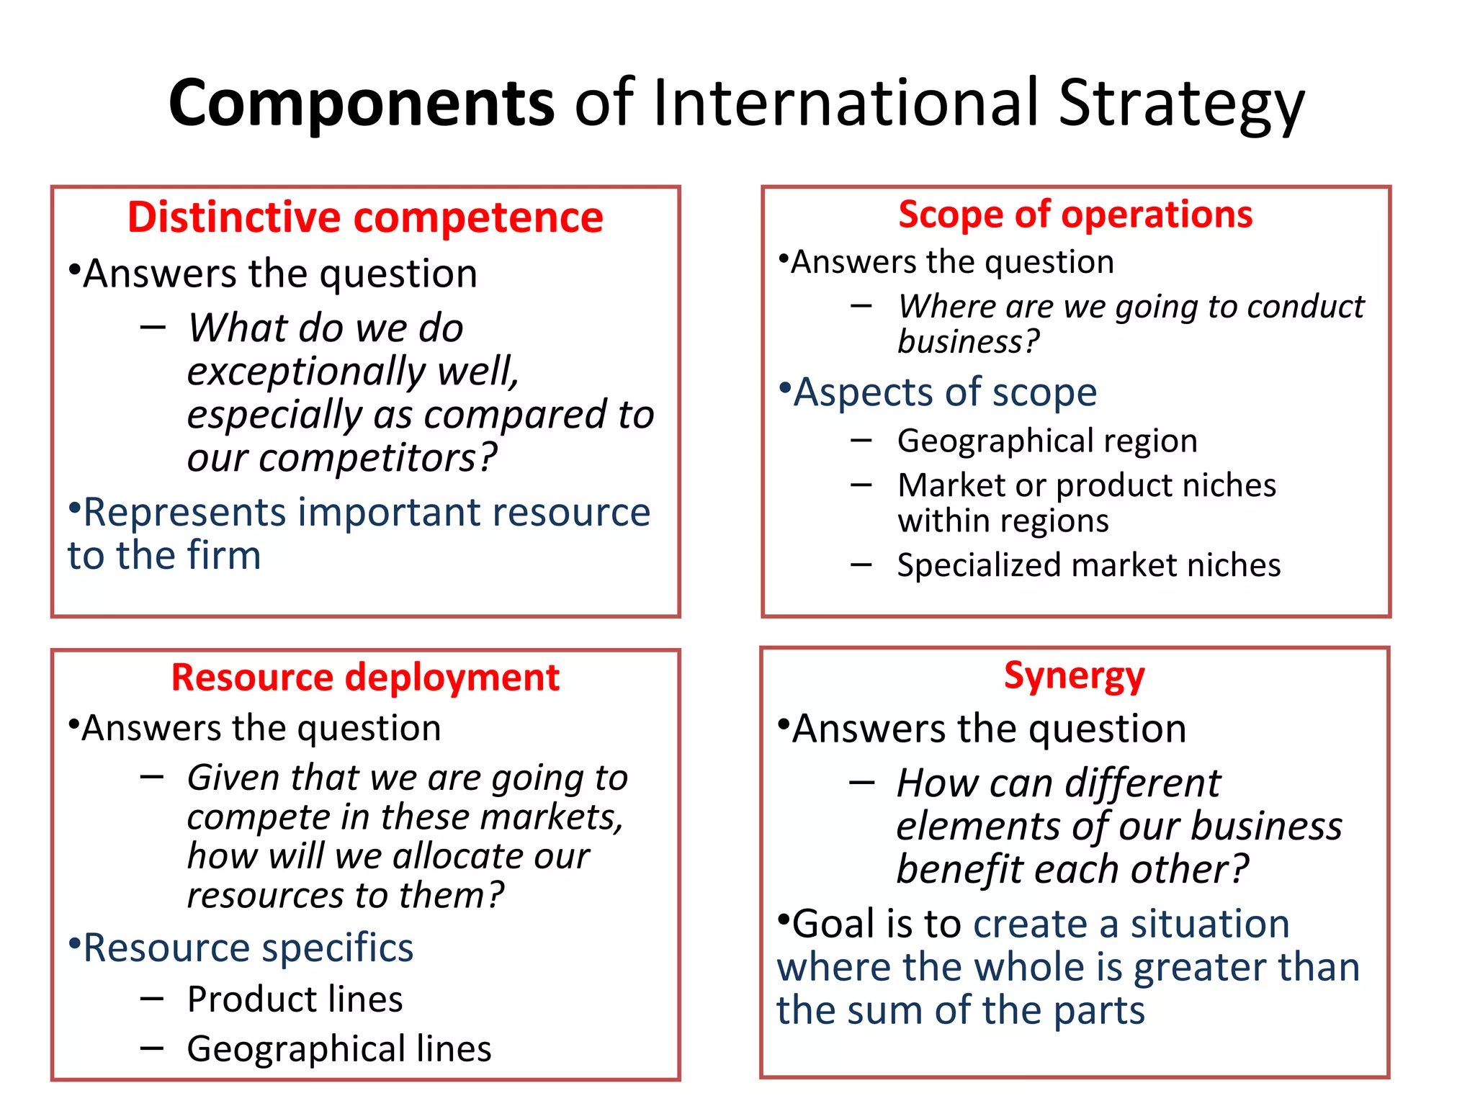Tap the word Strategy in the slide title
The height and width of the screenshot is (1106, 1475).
1181,103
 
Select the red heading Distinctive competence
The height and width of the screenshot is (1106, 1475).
365,217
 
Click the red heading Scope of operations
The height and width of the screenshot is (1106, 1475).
1075,215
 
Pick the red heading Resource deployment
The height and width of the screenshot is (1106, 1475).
365,678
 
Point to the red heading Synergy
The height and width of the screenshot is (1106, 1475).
1074,676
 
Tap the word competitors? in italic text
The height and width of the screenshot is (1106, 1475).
378,458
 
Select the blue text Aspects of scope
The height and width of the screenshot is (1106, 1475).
944,392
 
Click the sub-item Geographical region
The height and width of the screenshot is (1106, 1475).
1047,441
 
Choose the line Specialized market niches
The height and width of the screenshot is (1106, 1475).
1088,565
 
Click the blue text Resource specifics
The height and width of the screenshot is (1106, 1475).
248,948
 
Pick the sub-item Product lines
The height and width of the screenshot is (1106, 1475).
295,999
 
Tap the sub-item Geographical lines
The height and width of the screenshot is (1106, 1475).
339,1048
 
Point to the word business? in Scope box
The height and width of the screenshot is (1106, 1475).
968,341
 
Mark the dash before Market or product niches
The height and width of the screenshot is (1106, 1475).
861,485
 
